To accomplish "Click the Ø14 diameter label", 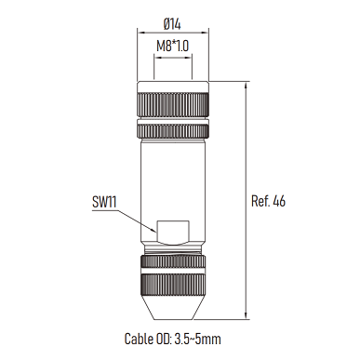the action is click(x=172, y=24).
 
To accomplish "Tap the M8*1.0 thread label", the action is click(x=172, y=47).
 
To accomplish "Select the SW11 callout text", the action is click(x=104, y=203).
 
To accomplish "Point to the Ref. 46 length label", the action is click(x=268, y=201).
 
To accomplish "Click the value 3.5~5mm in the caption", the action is click(x=198, y=339).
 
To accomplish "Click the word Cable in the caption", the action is click(x=138, y=339).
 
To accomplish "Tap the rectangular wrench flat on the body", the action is click(x=173, y=232).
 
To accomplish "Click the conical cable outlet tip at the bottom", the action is click(x=173, y=306).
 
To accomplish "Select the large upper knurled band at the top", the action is click(x=173, y=105).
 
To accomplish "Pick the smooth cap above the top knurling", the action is click(x=173, y=87).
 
